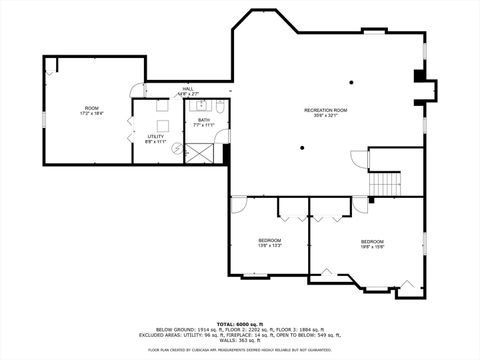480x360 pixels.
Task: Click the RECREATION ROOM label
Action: coord(326,109)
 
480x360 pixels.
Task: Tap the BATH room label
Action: coord(203,120)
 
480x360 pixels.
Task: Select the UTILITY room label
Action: coord(155,136)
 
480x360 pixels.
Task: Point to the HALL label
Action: coord(188,88)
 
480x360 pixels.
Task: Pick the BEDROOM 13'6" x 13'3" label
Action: coord(270,240)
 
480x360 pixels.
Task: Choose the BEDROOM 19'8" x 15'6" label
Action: coord(373,242)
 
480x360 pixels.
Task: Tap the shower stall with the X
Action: coord(199,153)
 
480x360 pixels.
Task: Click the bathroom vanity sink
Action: coord(200,103)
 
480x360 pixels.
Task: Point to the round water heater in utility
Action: coord(177,149)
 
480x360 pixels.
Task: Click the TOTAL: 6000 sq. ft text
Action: coord(240,324)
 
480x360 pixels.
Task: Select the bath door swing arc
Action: coord(222,136)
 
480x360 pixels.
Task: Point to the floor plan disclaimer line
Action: coord(240,350)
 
